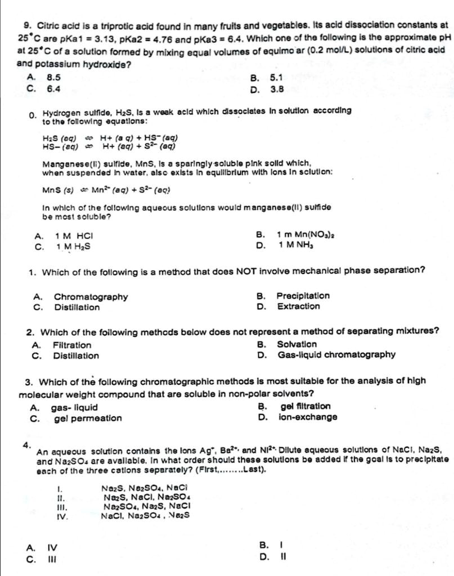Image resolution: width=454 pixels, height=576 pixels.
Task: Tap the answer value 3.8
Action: pos(277,88)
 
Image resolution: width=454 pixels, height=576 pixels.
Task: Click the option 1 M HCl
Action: pos(74,235)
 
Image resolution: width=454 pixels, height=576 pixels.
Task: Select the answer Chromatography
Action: pos(91,296)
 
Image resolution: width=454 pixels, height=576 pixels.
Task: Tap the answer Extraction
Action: pos(298,306)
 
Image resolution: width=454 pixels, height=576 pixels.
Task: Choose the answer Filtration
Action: pos(72,345)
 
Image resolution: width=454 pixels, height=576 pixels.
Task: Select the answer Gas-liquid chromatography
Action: pos(336,354)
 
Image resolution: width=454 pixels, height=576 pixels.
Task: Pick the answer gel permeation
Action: pos(88,418)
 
